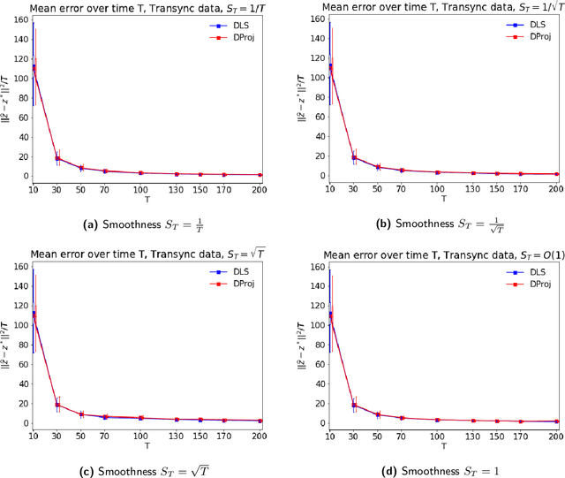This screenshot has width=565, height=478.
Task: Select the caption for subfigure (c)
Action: (141, 468)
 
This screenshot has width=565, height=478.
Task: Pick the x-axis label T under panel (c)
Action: (146, 448)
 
